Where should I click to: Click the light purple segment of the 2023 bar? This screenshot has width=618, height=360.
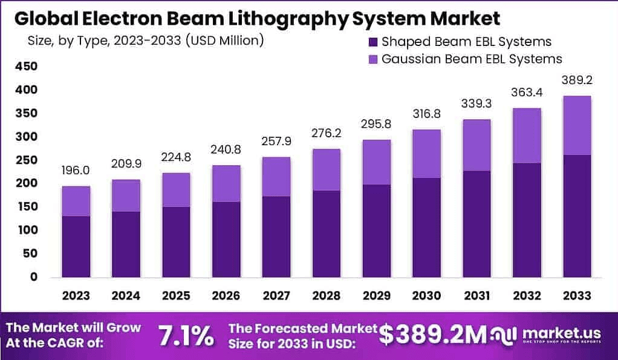pyautogui.click(x=76, y=201)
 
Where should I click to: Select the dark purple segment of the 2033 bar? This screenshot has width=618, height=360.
pyautogui.click(x=576, y=216)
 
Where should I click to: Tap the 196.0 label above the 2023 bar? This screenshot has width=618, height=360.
pyautogui.click(x=76, y=171)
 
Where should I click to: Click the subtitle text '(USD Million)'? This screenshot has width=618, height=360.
pyautogui.click(x=225, y=41)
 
